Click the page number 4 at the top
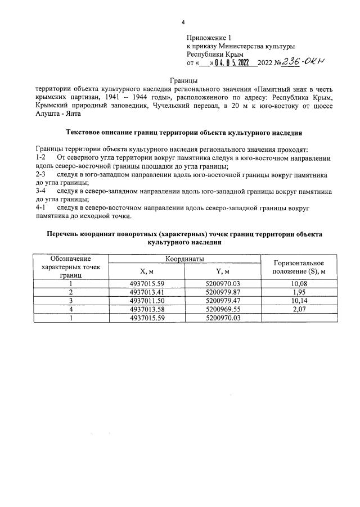tap(183, 22)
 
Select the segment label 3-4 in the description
tap(40, 192)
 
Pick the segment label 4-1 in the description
tap(40, 209)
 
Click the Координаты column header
tap(184, 259)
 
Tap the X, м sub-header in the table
tap(146, 272)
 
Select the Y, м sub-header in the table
tap(223, 272)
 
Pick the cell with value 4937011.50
tap(146, 301)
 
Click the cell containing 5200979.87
tap(223, 292)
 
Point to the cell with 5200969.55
tap(223, 309)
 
